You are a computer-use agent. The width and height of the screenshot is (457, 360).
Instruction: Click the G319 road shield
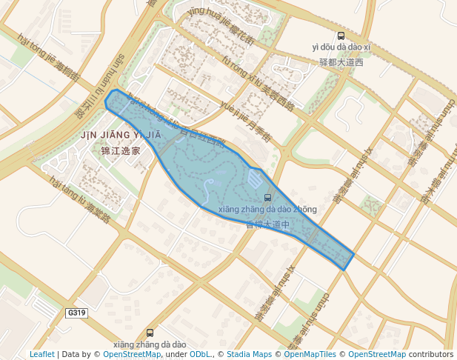(77, 313)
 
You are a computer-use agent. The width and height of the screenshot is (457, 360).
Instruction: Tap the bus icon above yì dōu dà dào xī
(341, 36)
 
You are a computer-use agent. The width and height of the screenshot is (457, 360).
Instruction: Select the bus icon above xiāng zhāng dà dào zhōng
(267, 197)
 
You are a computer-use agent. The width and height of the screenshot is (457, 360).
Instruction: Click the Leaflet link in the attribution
(41, 354)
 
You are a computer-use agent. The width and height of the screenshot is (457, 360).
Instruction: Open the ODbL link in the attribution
(200, 354)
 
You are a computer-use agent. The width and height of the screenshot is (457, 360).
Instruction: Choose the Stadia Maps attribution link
(249, 354)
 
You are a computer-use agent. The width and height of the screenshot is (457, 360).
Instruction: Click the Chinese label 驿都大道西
(341, 62)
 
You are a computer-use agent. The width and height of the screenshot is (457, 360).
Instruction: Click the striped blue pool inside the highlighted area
(254, 179)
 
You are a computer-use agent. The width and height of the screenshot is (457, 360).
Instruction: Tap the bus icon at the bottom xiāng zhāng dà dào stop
(150, 333)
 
